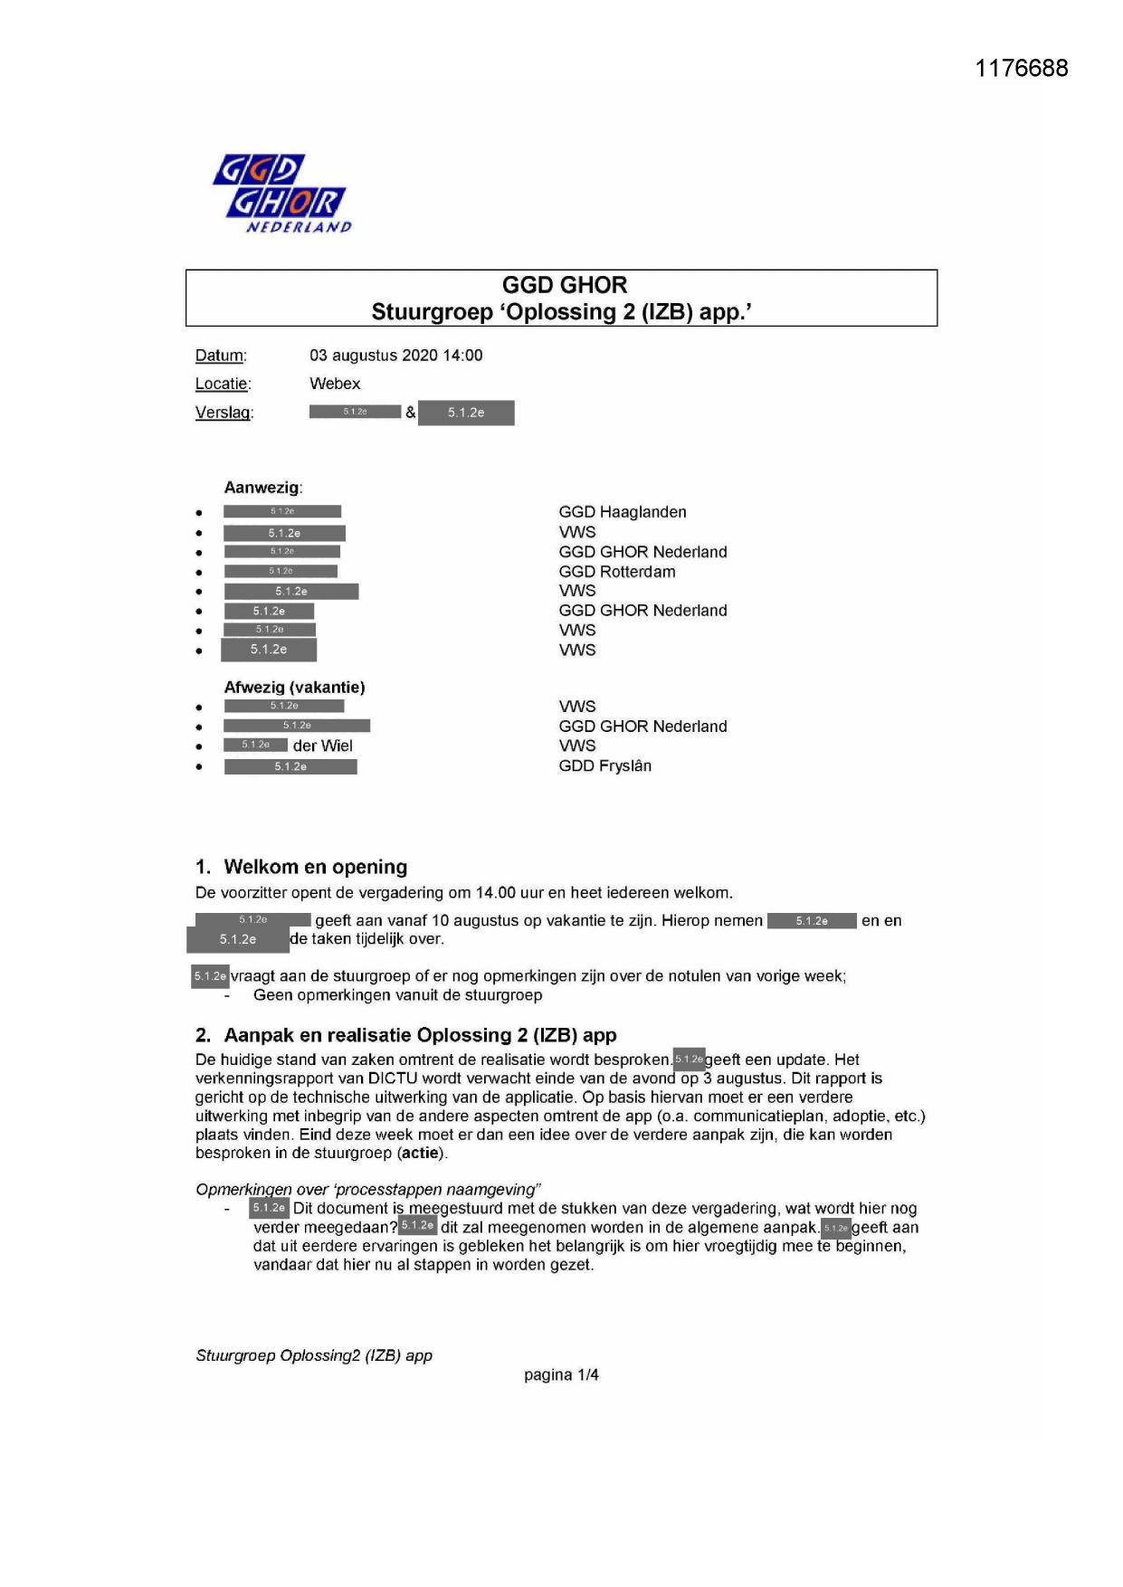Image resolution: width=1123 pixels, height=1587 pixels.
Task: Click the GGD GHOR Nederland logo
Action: (281, 194)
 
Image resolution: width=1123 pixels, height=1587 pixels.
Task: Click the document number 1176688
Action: (1021, 69)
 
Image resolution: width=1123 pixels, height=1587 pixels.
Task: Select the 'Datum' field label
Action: (220, 356)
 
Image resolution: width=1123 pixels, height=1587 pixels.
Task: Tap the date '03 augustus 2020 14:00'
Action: (395, 356)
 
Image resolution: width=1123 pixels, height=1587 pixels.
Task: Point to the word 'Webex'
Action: (335, 384)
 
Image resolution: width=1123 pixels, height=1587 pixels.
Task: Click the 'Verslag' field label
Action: (224, 413)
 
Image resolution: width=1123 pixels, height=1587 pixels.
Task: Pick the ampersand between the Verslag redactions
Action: (410, 413)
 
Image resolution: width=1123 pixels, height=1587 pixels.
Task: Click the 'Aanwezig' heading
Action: (262, 488)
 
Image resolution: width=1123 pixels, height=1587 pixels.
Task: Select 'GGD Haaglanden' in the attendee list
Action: (622, 512)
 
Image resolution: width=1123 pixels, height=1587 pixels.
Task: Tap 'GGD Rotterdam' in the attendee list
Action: (616, 572)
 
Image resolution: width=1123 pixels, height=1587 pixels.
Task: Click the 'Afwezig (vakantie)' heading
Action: (294, 687)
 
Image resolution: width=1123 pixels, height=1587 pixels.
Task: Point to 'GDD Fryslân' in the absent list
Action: (604, 765)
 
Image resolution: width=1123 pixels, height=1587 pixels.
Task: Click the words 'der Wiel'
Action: (322, 746)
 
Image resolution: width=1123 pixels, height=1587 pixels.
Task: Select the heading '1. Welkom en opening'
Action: (301, 867)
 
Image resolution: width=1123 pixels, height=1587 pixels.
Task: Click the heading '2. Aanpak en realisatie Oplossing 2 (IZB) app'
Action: (405, 1035)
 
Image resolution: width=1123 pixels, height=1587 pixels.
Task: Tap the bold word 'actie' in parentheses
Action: (421, 1154)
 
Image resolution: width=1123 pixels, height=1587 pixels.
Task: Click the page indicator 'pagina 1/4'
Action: (561, 1375)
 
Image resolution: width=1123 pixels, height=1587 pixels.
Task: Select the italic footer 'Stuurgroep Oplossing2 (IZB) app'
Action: (314, 1355)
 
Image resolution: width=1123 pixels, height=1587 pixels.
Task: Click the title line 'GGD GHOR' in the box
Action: (564, 285)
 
